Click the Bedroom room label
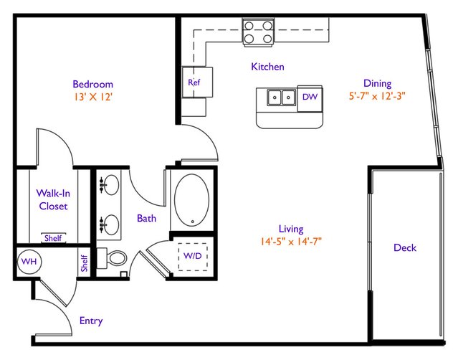click(93, 84)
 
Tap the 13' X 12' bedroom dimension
click(93, 97)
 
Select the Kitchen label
click(267, 67)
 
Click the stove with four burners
click(258, 32)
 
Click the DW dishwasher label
click(310, 97)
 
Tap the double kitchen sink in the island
click(281, 98)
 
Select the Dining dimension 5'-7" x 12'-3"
click(377, 96)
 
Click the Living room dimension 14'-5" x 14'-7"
click(291, 242)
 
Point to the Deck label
click(405, 248)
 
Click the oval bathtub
click(191, 200)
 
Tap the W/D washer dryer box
click(193, 257)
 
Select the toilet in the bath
click(112, 258)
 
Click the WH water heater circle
click(29, 261)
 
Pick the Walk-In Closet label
click(53, 199)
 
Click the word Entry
click(91, 321)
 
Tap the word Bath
click(146, 218)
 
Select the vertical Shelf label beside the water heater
click(84, 263)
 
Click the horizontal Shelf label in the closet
click(53, 238)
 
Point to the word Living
click(291, 229)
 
